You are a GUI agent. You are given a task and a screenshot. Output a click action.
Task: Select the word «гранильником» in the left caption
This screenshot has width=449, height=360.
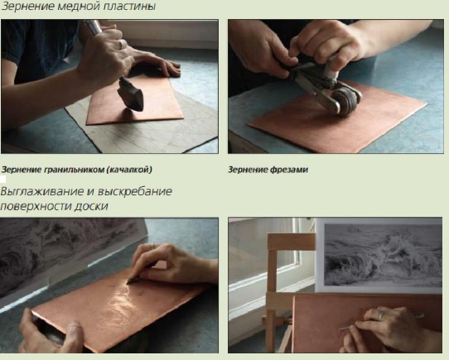[x=75, y=170]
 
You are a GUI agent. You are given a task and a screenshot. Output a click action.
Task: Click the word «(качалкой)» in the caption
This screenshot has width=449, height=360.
[x=129, y=170]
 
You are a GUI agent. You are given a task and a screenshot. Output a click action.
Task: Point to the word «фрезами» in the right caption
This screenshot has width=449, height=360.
[x=288, y=170]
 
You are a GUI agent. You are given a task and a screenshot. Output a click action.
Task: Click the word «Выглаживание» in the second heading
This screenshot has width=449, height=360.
[x=43, y=191]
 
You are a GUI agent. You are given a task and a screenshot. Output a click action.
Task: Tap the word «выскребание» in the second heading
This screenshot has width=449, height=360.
[x=135, y=191]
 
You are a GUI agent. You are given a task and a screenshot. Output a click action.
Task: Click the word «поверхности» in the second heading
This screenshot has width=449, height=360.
[x=36, y=206]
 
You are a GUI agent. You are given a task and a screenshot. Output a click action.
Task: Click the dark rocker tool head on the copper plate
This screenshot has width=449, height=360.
[x=131, y=94]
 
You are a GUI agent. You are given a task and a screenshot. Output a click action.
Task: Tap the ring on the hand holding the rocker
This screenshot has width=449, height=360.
[x=122, y=44]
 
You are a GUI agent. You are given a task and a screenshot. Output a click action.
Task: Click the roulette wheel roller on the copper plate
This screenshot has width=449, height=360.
[x=345, y=101]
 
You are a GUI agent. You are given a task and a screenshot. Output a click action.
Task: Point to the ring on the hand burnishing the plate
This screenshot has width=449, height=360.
[x=152, y=246]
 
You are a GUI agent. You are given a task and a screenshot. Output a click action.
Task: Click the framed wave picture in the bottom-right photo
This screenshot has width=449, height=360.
[x=379, y=256]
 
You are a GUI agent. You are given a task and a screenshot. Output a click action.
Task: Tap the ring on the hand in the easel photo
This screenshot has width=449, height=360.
[x=380, y=315]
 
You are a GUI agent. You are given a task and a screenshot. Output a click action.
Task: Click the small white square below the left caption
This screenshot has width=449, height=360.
[x=2, y=179]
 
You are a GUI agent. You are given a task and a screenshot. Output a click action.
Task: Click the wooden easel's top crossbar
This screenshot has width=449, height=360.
[x=292, y=242]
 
